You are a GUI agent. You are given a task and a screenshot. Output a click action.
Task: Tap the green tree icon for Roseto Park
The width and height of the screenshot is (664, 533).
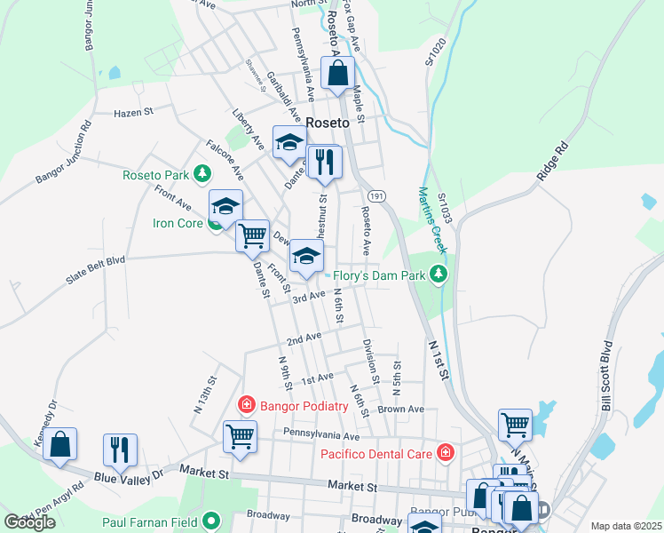point(204,172)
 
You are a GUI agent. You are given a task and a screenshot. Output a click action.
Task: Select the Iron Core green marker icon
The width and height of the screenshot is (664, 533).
point(215,222)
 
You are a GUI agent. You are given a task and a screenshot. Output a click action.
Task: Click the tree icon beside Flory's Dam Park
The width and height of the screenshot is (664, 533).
point(437,274)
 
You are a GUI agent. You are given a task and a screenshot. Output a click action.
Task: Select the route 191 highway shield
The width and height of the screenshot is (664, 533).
point(376,195)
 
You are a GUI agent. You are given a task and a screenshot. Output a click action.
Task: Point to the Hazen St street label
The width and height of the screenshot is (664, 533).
point(134,113)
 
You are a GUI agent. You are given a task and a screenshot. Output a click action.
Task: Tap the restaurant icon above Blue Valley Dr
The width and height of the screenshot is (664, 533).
point(121,449)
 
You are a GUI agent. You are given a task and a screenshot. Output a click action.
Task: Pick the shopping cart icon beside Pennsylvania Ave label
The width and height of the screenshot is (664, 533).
point(240,437)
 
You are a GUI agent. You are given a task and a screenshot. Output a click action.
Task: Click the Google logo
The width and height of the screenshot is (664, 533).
point(29,522)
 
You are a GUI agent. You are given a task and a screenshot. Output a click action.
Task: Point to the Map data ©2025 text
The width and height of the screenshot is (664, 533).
point(626,526)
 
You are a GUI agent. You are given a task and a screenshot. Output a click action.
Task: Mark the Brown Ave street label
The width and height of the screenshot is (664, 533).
point(400,410)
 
